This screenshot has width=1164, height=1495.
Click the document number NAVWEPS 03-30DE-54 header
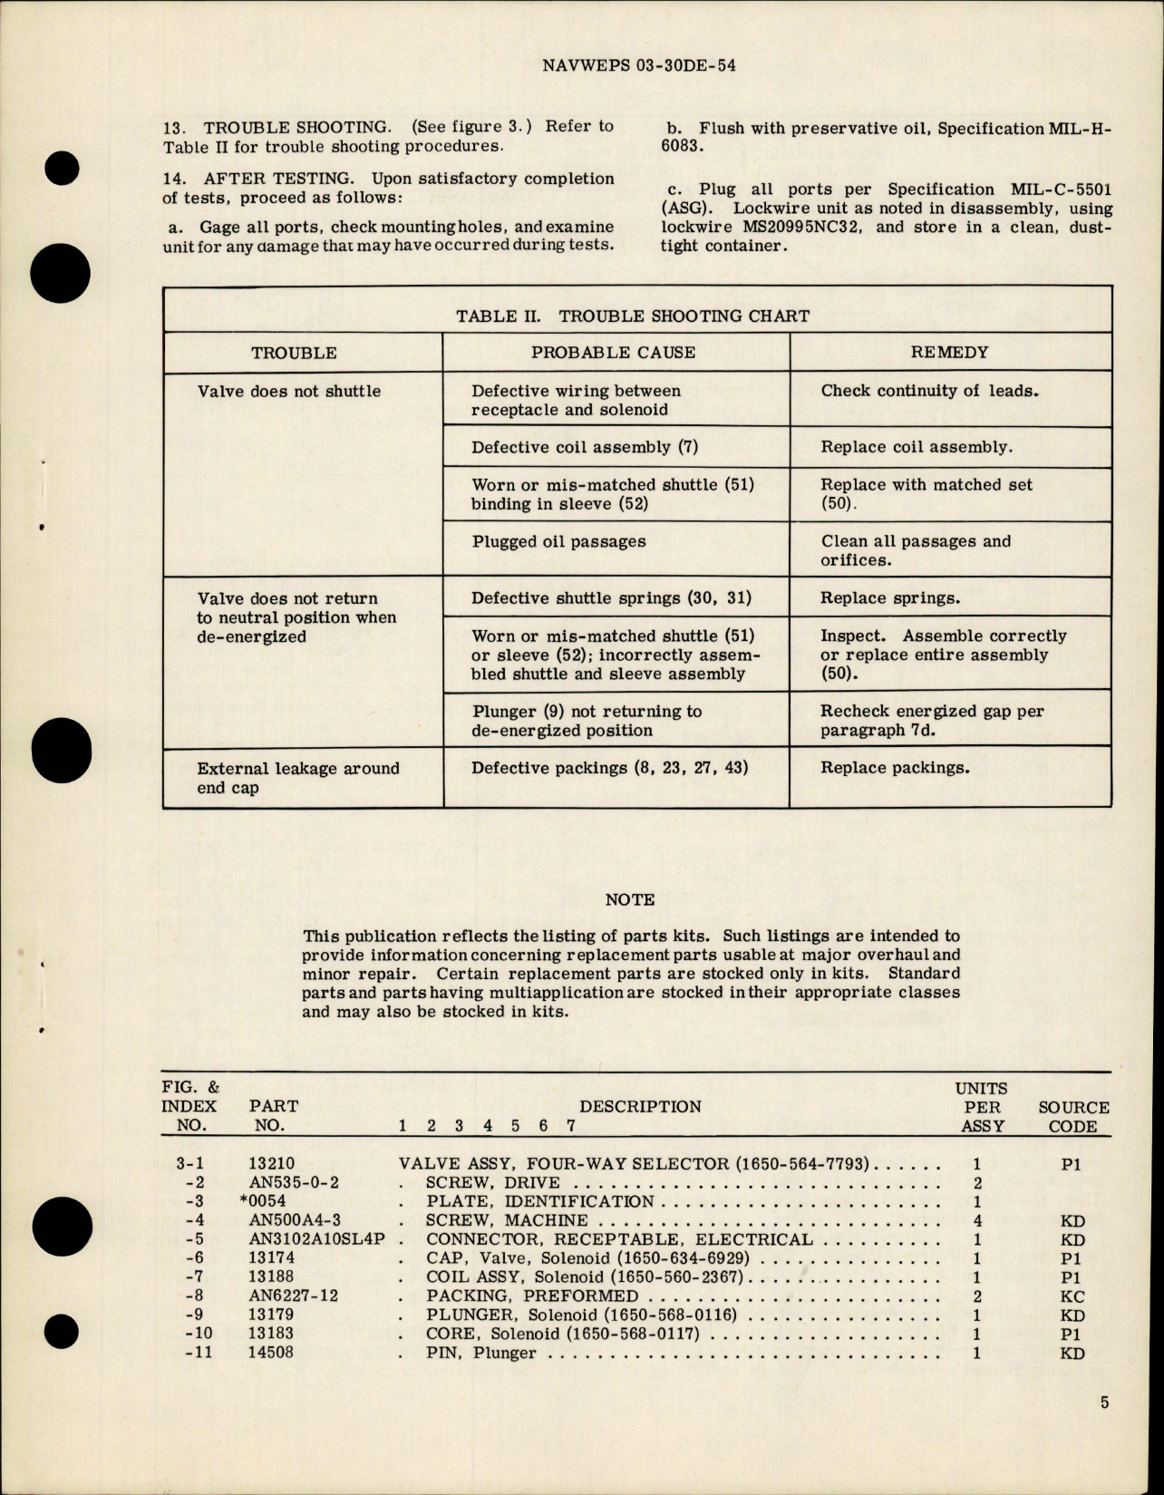[637, 65]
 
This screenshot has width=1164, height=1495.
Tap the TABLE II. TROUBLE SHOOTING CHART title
[633, 316]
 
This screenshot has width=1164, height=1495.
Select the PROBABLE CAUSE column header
[613, 353]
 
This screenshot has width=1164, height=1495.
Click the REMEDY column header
[949, 352]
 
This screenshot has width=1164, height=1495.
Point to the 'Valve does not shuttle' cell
[288, 392]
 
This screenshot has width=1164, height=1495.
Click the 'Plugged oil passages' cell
[558, 542]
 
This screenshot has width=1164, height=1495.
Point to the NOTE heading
[629, 899]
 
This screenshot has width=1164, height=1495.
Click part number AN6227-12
[293, 1296]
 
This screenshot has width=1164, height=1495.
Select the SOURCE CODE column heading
[1073, 1117]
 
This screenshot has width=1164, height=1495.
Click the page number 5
[1104, 1403]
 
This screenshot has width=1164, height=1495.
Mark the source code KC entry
[1072, 1296]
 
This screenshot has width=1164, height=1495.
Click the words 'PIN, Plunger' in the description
[480, 1353]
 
